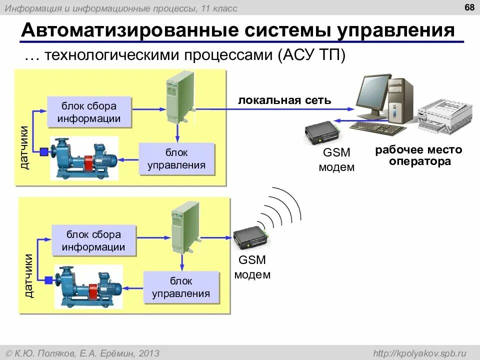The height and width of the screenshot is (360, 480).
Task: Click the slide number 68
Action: [469, 7]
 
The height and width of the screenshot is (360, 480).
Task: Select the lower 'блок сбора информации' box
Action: [93, 240]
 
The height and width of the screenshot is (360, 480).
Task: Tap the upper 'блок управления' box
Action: [176, 158]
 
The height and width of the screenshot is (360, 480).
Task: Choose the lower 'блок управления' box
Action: [181, 287]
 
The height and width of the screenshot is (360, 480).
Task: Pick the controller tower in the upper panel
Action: [179, 98]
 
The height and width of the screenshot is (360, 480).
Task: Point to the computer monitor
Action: [372, 95]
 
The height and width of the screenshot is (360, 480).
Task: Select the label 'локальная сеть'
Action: [284, 100]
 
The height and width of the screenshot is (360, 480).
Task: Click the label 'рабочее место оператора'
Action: [419, 155]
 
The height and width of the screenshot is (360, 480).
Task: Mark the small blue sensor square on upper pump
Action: [43, 151]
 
